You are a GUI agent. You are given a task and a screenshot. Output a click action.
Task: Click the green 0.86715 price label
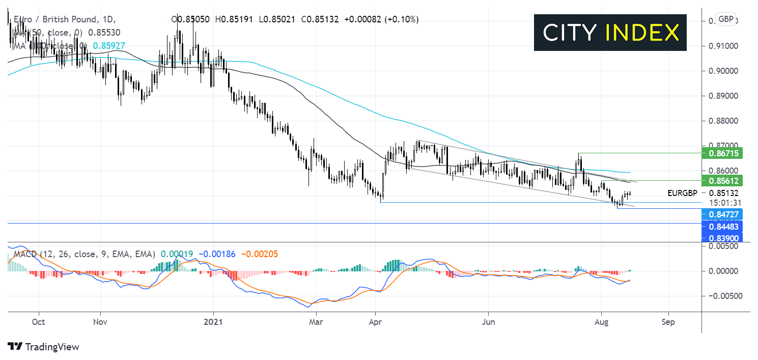(x=722, y=153)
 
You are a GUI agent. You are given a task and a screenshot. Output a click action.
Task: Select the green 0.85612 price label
(x=722, y=180)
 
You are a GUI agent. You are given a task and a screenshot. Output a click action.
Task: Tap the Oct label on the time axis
(x=38, y=322)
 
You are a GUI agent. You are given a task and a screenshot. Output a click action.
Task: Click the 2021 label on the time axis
(x=213, y=322)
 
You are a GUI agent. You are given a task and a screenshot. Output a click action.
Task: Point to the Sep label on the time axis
(x=668, y=322)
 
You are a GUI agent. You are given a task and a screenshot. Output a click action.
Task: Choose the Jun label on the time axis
(x=488, y=322)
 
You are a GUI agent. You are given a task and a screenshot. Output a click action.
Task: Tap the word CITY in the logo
(x=569, y=33)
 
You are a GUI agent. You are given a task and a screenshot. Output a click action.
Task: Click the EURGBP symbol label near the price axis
(x=682, y=193)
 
